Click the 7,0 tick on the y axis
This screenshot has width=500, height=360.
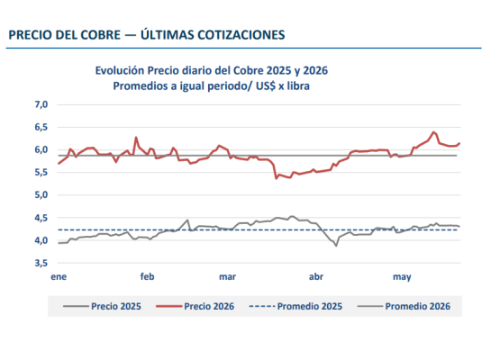pos(41,104)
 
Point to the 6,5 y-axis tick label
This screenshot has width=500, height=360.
pos(41,127)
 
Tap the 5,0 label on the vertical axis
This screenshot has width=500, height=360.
pos(41,194)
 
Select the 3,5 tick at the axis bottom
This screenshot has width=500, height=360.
pos(41,263)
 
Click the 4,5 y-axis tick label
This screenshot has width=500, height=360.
pos(41,218)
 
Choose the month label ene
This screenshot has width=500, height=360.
pos(59,276)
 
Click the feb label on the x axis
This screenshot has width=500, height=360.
pos(148,276)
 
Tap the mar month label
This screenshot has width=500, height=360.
pos(227,276)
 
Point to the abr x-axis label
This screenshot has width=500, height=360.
pos(316,276)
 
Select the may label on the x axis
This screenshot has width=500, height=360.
pos(402,277)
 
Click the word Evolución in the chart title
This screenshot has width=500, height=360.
pos(120,70)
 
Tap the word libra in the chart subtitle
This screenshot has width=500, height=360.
pos(298,86)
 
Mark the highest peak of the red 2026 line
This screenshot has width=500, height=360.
pos(433,132)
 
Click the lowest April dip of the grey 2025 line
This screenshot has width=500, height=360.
pos(336,246)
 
